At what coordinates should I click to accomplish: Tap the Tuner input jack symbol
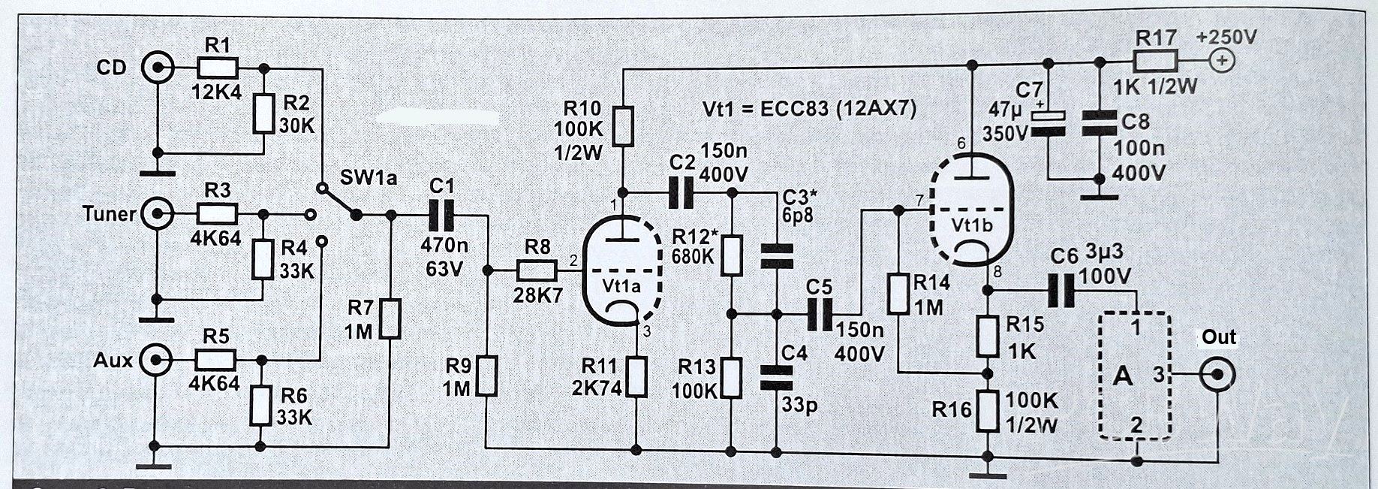click(x=157, y=214)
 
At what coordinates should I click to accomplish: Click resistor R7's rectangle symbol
click(x=390, y=318)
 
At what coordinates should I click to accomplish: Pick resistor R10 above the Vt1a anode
click(x=623, y=126)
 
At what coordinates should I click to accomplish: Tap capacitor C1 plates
click(x=439, y=216)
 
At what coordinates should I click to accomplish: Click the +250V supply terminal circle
click(x=1223, y=61)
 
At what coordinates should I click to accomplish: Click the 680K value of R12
click(x=695, y=257)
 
